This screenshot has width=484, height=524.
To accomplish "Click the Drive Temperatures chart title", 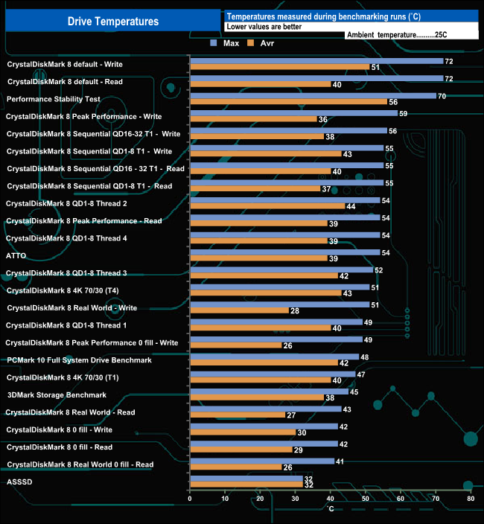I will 113,22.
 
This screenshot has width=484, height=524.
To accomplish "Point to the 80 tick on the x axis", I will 471,499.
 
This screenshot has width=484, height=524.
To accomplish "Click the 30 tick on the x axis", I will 296,499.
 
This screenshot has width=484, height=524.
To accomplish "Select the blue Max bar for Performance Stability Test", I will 313,95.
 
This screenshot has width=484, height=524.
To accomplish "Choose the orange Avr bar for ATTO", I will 258,258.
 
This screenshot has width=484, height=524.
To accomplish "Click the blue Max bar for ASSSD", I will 246,479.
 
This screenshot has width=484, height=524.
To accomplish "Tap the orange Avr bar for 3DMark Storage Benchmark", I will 257,397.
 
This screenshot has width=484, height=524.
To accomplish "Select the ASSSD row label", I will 20,482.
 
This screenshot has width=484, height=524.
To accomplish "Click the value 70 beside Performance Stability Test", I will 442,96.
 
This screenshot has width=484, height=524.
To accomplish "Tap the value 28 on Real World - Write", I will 295,310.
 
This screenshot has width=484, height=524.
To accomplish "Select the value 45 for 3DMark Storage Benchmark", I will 354,392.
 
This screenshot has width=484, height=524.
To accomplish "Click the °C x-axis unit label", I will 331,508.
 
